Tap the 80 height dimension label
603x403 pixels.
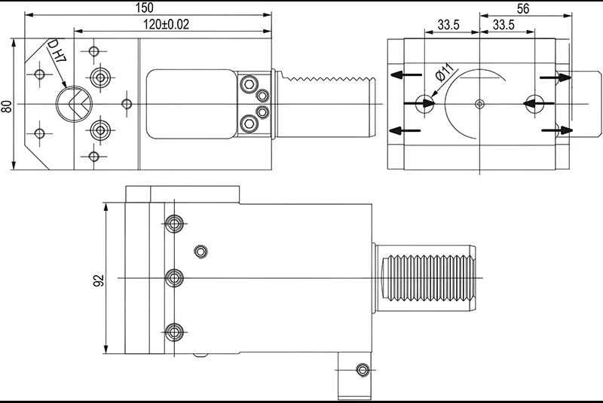click(7, 106)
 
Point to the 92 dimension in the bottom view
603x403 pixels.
click(98, 280)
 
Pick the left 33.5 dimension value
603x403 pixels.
click(448, 25)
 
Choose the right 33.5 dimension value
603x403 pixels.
click(504, 25)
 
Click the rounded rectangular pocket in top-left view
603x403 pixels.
click(191, 103)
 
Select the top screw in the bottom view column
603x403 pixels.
click(175, 224)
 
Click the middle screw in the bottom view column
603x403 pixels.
click(175, 278)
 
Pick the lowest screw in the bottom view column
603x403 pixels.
click(175, 331)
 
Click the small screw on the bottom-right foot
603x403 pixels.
click(363, 370)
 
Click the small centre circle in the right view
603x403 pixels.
click(479, 103)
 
